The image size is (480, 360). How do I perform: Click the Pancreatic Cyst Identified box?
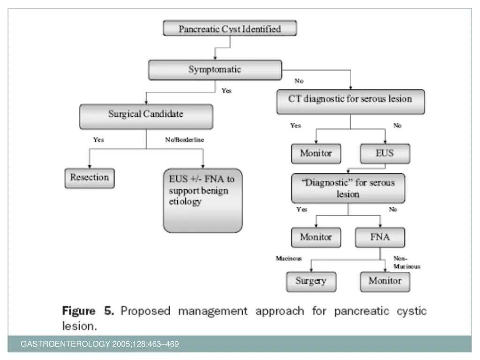point(230,29)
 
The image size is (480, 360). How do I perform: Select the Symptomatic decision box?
point(215,69)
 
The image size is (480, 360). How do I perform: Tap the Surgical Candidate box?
point(146,114)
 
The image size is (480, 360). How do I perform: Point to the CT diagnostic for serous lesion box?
point(350,99)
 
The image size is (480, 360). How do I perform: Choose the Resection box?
point(89,178)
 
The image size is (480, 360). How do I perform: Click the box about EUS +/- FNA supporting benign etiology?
point(202,200)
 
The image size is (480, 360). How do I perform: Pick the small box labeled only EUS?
point(384,153)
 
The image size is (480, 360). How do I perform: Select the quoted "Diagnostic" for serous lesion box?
point(348,188)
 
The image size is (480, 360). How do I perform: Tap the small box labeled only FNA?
point(379,237)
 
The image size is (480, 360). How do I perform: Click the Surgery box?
point(311,281)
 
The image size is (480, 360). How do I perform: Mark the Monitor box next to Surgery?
point(385,281)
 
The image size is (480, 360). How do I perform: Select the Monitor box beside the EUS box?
point(316,153)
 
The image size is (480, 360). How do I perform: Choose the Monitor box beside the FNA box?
point(316,237)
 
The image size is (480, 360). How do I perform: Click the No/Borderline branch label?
point(184,140)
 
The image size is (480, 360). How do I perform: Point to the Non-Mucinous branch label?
point(406,262)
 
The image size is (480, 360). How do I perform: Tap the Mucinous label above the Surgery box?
point(289,258)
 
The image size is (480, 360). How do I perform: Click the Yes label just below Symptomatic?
point(226,91)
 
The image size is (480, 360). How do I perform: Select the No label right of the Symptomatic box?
point(299,81)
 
